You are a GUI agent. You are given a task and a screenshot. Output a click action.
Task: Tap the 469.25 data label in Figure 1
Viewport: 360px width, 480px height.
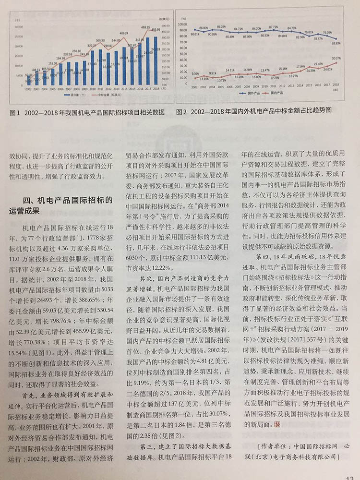146,27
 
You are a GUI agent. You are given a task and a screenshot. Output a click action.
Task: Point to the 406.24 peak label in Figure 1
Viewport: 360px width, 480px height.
124,33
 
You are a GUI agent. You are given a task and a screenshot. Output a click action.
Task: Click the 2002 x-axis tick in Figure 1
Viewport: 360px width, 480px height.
29,89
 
